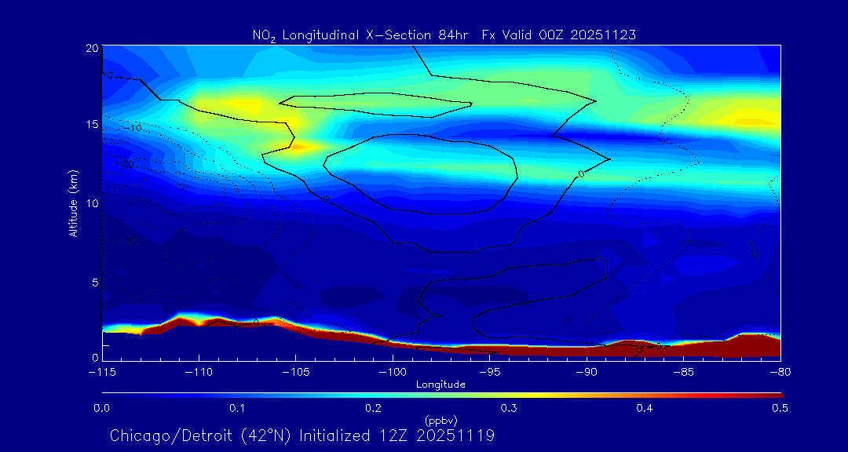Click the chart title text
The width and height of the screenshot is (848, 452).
coord(444,35)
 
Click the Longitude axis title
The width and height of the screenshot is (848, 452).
coord(440,385)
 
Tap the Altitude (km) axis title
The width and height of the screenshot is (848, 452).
coord(73,202)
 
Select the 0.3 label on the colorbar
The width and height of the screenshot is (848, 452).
coord(509,408)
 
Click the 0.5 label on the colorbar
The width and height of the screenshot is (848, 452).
coord(780,408)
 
